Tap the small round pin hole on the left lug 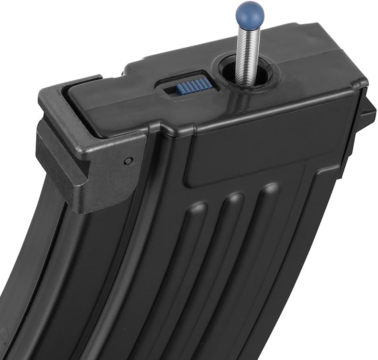(128, 161)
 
